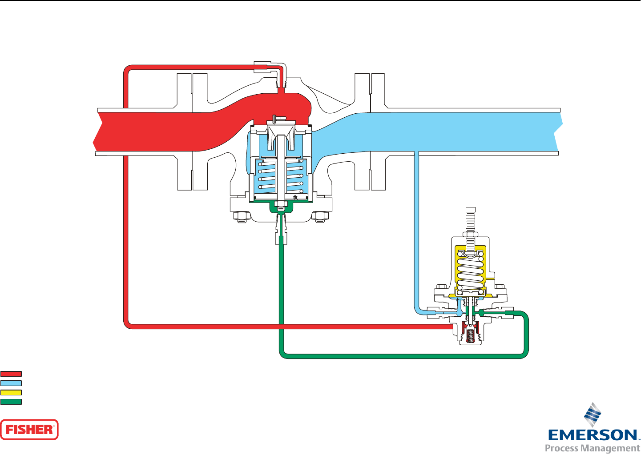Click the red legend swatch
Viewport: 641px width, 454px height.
(11, 374)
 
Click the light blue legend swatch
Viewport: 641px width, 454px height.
(11, 383)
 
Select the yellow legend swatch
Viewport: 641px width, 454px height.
(11, 393)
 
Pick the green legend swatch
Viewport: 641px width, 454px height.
(11, 402)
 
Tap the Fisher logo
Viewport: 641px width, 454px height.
(29, 430)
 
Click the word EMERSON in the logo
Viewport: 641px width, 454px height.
(593, 435)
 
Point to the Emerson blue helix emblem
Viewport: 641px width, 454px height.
(593, 414)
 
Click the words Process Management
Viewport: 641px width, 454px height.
(593, 448)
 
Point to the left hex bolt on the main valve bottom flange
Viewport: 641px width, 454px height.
(241, 217)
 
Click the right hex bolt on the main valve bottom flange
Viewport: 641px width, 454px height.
(320, 217)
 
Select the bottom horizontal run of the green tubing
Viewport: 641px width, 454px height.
(400, 356)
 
